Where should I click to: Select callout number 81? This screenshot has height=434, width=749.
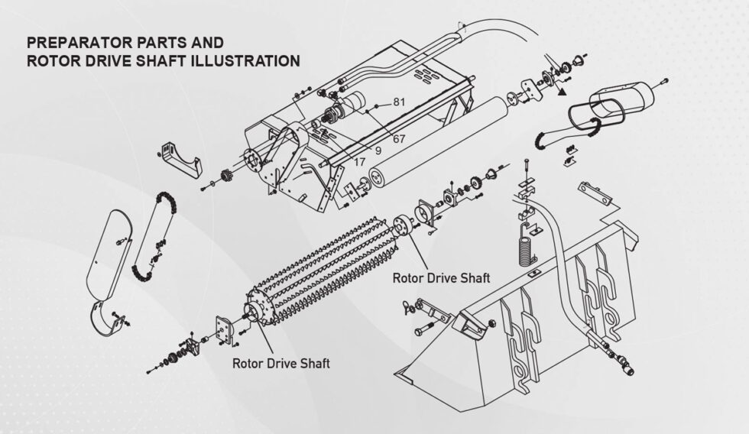pyautogui.click(x=399, y=102)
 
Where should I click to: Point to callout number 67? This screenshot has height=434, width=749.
pyautogui.click(x=399, y=138)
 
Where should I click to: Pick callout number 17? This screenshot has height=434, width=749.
pyautogui.click(x=359, y=163)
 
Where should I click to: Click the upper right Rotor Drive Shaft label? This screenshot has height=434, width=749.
pyautogui.click(x=441, y=277)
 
